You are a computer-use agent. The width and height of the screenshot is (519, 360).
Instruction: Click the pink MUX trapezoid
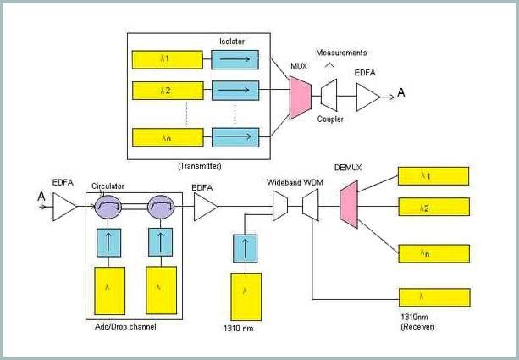pyautogui.click(x=301, y=97)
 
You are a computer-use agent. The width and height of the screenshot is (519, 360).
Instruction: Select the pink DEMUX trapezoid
pyautogui.click(x=349, y=204)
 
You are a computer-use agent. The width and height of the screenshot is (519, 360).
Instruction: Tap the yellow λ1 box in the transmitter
pyautogui.click(x=168, y=59)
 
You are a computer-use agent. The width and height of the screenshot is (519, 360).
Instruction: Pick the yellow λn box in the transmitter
pyautogui.click(x=168, y=137)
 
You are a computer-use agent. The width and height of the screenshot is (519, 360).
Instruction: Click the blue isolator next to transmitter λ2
pyautogui.click(x=235, y=90)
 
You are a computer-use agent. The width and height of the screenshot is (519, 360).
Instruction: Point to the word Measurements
pyautogui.click(x=341, y=53)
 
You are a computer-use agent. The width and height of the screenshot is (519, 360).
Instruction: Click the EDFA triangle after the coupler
pyautogui.click(x=368, y=97)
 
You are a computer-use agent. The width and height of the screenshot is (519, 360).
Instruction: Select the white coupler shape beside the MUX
pyautogui.click(x=329, y=95)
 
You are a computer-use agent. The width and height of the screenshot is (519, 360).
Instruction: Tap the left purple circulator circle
pyautogui.click(x=108, y=207)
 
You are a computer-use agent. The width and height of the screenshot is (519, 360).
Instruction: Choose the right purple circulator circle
pyautogui.click(x=161, y=207)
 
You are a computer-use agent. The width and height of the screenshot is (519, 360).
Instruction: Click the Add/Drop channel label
pyautogui.click(x=125, y=327)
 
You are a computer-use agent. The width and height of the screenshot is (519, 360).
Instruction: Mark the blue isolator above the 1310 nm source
pyautogui.click(x=245, y=249)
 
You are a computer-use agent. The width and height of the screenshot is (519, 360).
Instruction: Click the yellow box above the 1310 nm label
pyautogui.click(x=246, y=296)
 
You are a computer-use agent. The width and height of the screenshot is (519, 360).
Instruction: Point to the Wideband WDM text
pyautogui.click(x=295, y=182)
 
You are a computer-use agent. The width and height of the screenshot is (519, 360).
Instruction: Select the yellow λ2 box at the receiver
pyautogui.click(x=434, y=207)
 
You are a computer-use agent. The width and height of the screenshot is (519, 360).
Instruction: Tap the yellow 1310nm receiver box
pyautogui.click(x=434, y=297)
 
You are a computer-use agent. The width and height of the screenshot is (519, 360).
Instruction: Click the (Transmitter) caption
pyautogui.click(x=200, y=166)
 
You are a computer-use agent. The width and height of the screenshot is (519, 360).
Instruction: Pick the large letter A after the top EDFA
pyautogui.click(x=400, y=92)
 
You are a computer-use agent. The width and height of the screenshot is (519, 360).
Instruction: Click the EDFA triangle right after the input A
pyautogui.click(x=64, y=207)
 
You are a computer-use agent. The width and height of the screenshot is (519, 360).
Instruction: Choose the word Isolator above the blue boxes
pyautogui.click(x=232, y=42)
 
